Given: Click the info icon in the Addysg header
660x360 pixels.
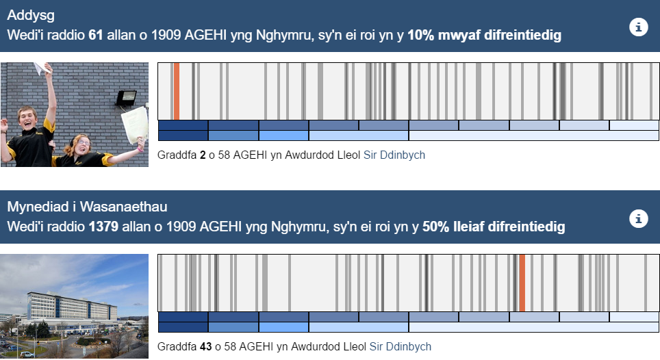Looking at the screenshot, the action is (638, 27).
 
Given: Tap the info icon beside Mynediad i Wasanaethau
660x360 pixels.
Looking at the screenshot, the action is (638, 219).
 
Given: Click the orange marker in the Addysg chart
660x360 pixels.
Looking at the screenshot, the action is (177, 91).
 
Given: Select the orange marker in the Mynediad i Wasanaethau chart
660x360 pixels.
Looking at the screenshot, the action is (522, 283).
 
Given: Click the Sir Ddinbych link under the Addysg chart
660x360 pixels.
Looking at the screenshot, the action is (394, 155).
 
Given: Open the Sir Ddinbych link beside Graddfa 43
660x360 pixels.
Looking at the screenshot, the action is (401, 347).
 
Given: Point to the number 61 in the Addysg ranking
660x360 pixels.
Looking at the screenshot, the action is (96, 35).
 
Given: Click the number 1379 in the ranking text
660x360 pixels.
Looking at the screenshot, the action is (103, 227).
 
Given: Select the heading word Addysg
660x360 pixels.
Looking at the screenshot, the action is (31, 16).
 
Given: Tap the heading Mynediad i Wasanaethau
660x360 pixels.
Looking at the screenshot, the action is (87, 207).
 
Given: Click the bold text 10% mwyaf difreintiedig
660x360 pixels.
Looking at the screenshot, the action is (485, 36).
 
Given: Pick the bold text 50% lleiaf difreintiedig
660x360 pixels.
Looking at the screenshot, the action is (494, 227).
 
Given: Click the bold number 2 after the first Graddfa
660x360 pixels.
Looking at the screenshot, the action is (203, 155).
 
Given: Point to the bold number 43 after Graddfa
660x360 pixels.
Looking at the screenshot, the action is (206, 347).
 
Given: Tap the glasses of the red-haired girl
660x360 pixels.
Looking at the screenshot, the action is (84, 142).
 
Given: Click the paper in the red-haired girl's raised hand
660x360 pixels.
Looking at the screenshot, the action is (135, 124).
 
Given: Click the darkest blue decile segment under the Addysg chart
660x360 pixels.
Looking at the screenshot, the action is (183, 125).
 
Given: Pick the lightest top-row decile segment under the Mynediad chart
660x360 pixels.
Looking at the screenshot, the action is (634, 317).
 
